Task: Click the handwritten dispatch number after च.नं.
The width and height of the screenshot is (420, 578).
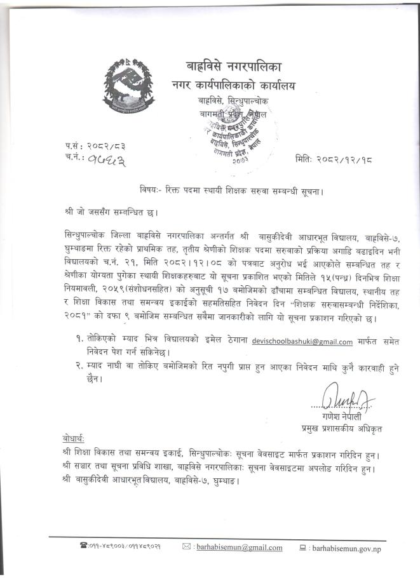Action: pyautogui.click(x=95, y=159)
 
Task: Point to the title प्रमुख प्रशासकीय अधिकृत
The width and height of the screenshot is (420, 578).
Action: pyautogui.click(x=342, y=429)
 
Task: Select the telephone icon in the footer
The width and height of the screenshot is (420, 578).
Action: pyautogui.click(x=83, y=546)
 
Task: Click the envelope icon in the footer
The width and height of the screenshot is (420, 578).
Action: pyautogui.click(x=186, y=546)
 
